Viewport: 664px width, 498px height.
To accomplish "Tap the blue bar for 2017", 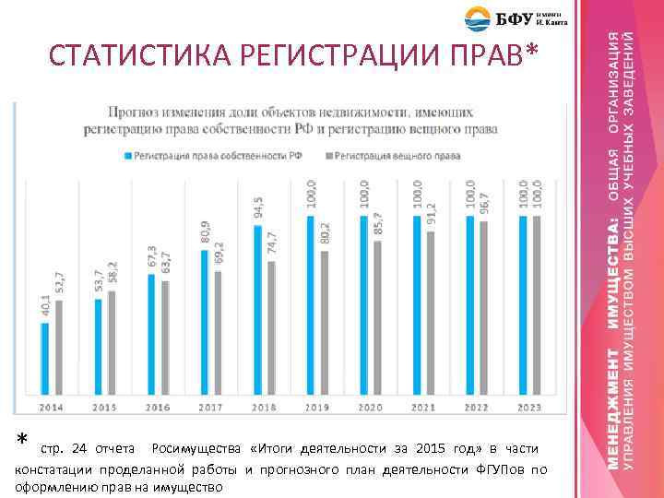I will click(205, 322).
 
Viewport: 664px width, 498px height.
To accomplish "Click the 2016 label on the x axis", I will click(158, 407).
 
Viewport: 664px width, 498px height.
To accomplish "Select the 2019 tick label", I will click(317, 407).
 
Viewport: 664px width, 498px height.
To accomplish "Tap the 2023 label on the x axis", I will click(528, 407).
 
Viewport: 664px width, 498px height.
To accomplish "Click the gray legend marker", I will click(329, 156).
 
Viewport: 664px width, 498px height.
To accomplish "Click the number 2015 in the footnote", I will click(431, 449).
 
